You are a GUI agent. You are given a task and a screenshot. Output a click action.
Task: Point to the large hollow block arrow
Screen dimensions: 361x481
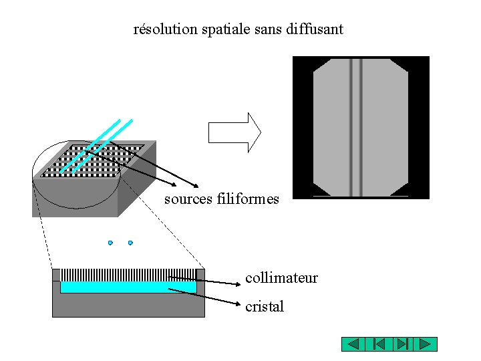tap(234, 132)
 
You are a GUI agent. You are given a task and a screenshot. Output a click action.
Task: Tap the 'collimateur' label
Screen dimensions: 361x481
tap(281, 277)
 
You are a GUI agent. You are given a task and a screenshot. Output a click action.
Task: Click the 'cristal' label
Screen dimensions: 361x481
tap(265, 307)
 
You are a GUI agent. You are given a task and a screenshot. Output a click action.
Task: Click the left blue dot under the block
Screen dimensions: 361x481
tap(110, 243)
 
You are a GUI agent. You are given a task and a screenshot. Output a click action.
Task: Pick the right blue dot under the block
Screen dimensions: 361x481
tap(130, 243)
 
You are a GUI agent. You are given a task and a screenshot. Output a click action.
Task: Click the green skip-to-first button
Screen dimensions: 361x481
tap(377, 344)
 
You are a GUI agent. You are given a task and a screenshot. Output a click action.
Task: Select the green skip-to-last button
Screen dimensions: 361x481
tap(402, 344)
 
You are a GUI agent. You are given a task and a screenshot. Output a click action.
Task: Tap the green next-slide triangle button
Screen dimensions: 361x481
tap(425, 344)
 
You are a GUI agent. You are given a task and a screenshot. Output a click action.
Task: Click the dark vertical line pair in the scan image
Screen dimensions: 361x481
tap(356, 127)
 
